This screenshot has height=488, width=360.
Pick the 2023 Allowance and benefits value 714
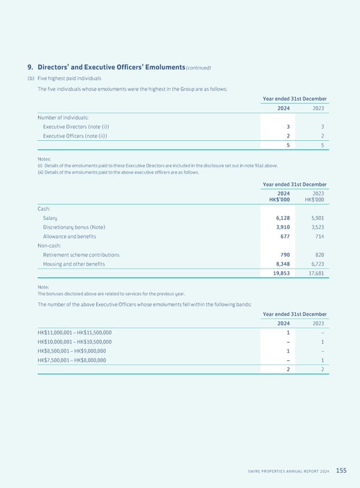[x=318, y=237]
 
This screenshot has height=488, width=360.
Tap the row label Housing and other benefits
[x=74, y=264]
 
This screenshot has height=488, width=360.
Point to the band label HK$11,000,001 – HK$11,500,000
[x=74, y=333]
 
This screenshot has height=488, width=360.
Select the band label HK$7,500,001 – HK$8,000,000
[x=71, y=360]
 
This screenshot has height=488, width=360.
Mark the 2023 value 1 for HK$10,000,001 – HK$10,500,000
[x=323, y=342]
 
